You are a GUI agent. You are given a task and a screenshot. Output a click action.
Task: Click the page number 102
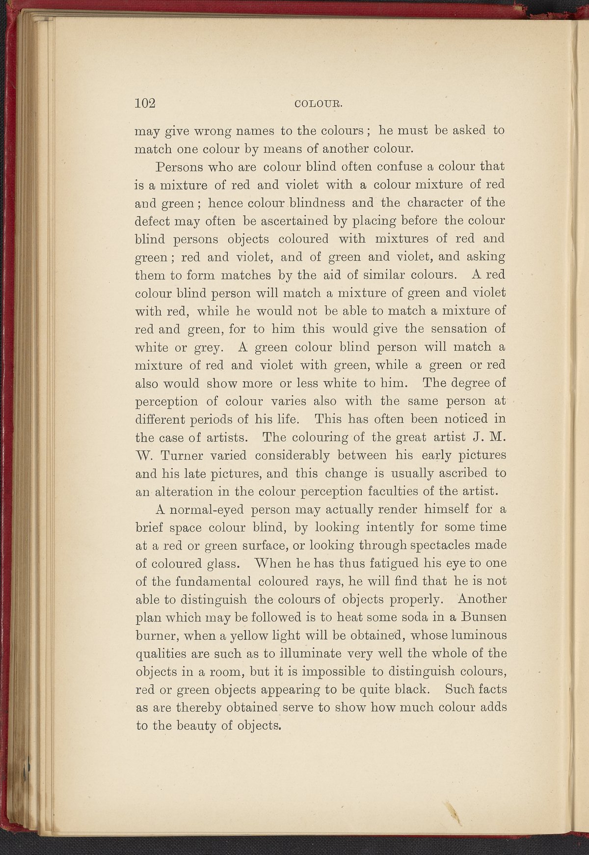(145, 103)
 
